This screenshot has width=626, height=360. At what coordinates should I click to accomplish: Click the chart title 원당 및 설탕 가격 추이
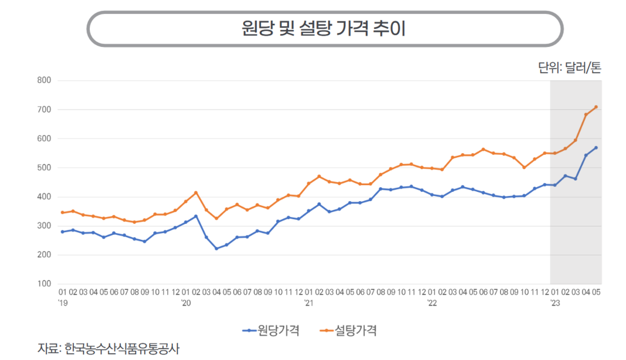(323, 28)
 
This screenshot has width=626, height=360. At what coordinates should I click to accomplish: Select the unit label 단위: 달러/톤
(569, 67)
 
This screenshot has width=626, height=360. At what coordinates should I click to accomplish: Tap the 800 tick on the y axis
(44, 80)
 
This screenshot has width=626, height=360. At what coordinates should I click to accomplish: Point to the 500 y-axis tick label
(44, 168)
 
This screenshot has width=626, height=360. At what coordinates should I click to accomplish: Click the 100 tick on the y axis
(44, 284)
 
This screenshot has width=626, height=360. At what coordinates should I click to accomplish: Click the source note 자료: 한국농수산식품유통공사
(108, 348)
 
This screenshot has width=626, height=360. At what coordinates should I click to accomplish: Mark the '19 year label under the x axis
(63, 303)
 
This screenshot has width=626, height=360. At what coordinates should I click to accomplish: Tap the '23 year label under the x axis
(555, 303)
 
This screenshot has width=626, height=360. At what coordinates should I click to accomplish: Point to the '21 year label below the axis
(309, 303)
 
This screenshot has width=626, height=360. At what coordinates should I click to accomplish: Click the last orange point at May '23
(596, 107)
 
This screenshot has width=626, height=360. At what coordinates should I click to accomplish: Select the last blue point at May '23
(596, 148)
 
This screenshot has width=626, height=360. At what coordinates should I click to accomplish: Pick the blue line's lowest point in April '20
(216, 249)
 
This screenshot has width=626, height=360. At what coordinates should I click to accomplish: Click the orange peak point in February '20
(196, 193)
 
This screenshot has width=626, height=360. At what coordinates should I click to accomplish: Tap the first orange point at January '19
(62, 213)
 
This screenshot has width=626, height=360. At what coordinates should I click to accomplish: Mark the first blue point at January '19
(62, 232)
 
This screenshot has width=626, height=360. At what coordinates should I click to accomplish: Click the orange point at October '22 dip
(524, 168)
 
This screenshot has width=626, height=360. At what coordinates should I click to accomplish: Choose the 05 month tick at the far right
(596, 292)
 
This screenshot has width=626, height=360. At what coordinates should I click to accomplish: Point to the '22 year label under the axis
(432, 303)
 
